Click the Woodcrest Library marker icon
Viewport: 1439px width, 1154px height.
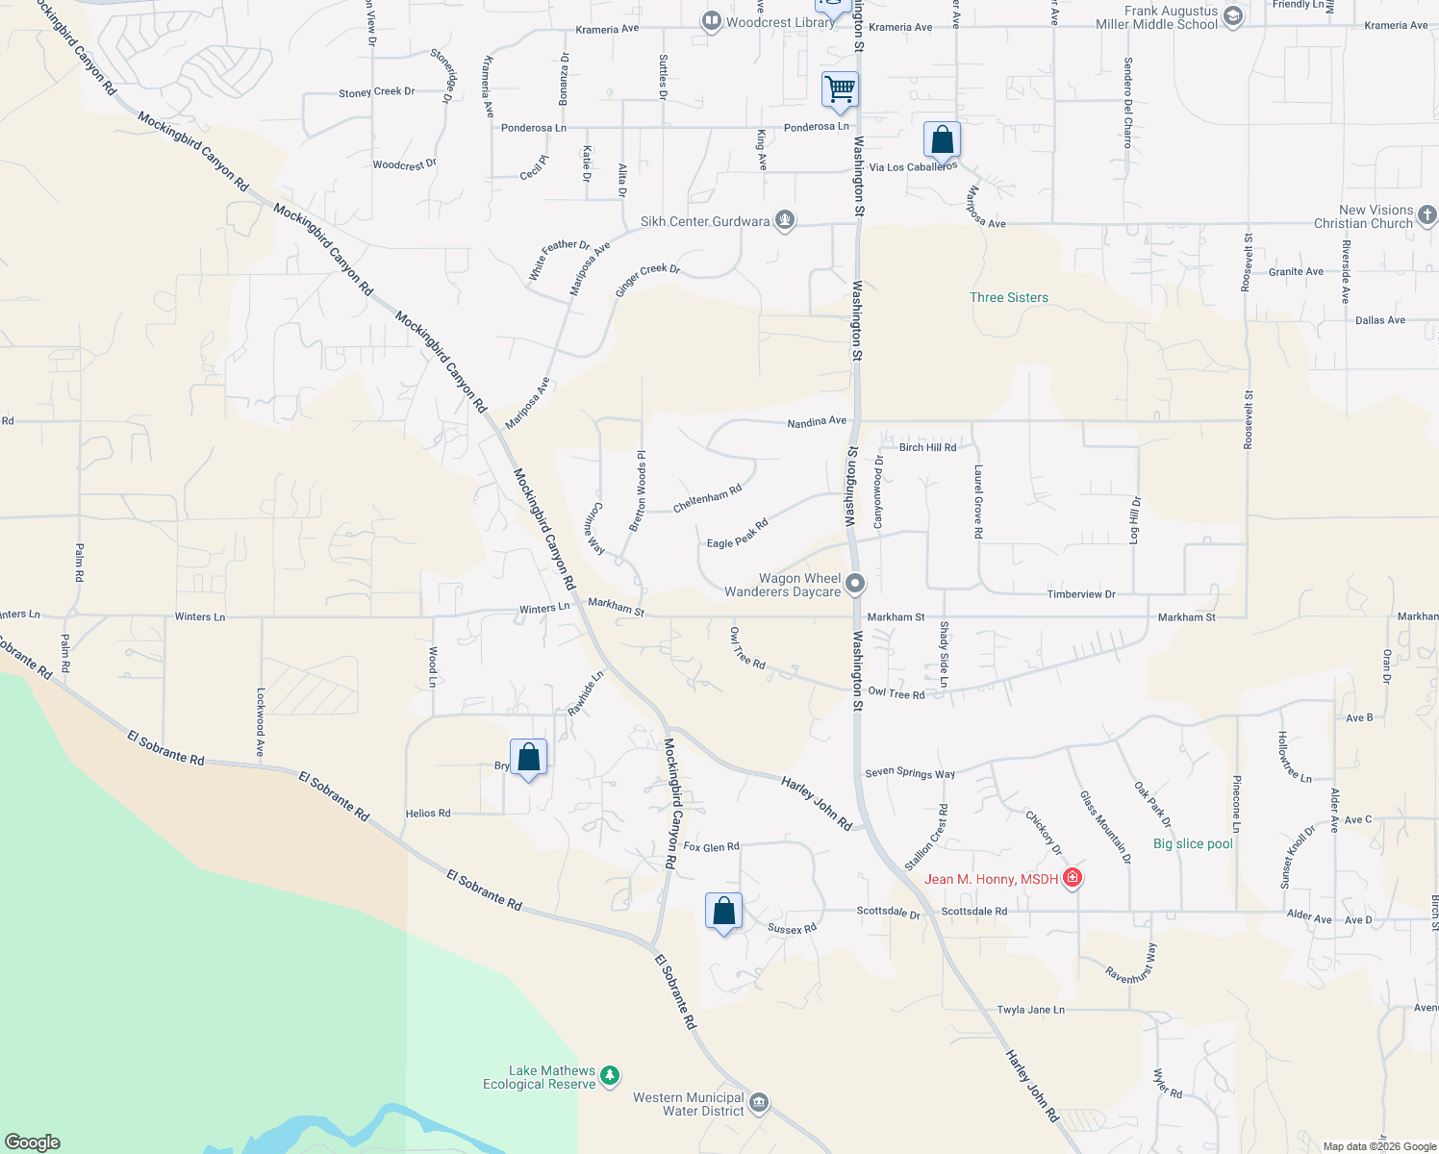tap(711, 21)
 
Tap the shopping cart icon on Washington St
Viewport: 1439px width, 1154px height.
tap(840, 89)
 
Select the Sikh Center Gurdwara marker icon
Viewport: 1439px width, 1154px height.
tap(785, 221)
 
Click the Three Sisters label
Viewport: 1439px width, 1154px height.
tap(1008, 298)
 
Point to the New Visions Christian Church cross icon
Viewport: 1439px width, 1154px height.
tap(1426, 215)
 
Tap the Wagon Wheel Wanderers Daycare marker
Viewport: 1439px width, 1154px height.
tap(854, 584)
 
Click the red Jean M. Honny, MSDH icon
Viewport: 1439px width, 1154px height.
tap(1072, 878)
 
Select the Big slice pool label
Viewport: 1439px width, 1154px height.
tap(1193, 844)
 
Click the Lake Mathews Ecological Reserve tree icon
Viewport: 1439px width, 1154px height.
tap(610, 1076)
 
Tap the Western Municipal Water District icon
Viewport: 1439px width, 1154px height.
tap(759, 1102)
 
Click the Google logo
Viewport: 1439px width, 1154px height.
tap(33, 1142)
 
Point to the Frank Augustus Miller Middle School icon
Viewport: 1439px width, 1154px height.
tap(1233, 16)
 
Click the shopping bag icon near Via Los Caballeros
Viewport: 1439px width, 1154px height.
tap(942, 140)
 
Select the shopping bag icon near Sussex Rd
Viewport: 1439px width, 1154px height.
tap(723, 912)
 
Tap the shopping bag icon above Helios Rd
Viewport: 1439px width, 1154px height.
tap(528, 758)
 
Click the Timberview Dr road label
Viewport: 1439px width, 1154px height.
tap(1081, 594)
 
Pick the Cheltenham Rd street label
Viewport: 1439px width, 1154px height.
tap(707, 498)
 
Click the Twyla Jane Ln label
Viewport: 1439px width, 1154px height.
tap(1030, 1010)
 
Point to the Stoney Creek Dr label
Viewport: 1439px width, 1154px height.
tap(376, 92)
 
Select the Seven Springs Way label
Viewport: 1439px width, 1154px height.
tap(910, 772)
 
